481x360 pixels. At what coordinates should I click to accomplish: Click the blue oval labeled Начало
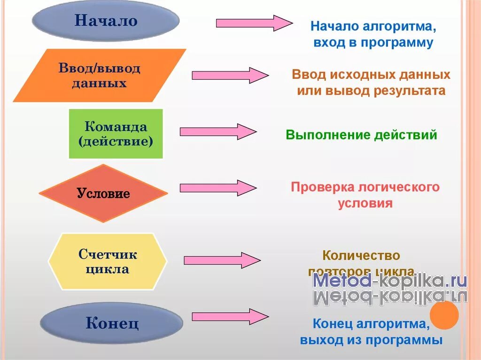106,21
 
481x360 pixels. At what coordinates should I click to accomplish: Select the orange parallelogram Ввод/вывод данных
100,76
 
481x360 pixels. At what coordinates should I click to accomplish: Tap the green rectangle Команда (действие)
116,134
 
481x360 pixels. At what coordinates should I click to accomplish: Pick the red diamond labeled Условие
103,193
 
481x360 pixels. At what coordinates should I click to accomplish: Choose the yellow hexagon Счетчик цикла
108,262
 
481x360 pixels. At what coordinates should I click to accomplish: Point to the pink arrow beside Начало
254,23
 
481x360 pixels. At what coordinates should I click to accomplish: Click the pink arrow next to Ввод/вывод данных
230,75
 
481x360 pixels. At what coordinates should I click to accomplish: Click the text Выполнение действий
361,135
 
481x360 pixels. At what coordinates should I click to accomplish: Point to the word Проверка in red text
323,187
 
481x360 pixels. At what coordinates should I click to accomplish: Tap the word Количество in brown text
361,256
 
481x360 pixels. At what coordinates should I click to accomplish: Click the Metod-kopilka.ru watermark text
390,281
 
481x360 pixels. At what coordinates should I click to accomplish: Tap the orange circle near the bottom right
444,315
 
